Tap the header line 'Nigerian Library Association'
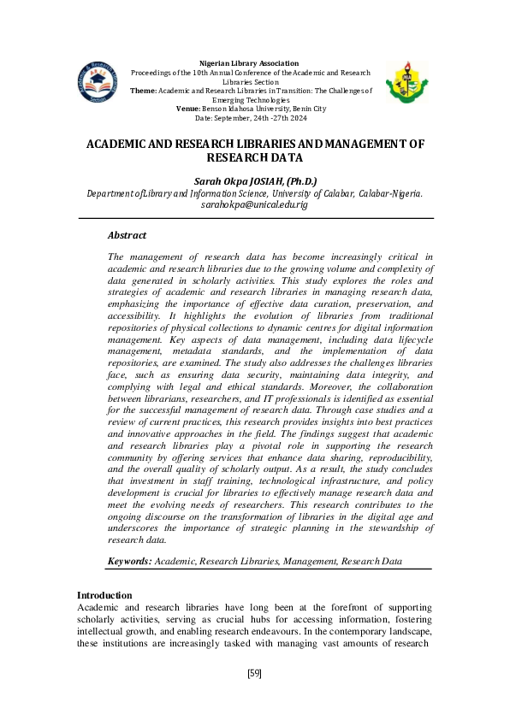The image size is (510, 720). [248, 63]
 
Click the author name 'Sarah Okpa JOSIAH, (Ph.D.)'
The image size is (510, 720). [256, 180]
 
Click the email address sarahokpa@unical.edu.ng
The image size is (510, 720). [254, 205]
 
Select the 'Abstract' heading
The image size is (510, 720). [127, 235]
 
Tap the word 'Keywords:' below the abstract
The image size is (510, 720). [130, 561]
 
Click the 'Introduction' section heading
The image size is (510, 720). [104, 595]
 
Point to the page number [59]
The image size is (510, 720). [254, 674]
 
